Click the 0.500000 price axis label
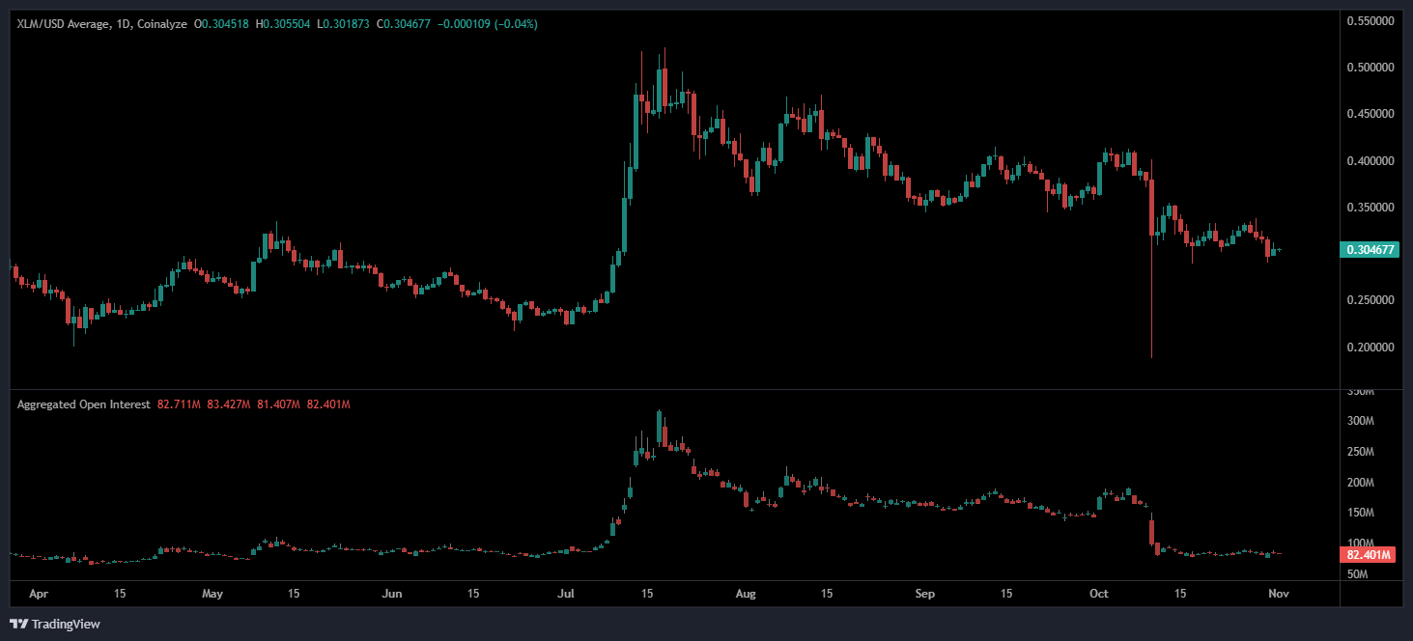[x=1371, y=68]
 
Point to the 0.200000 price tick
[x=1371, y=348]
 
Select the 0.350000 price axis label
[x=1371, y=208]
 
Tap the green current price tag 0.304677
[x=1371, y=250]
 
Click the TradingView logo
[x=55, y=624]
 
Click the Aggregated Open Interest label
[x=83, y=404]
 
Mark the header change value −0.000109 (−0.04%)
[x=488, y=23]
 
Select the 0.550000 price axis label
[x=1371, y=21]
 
